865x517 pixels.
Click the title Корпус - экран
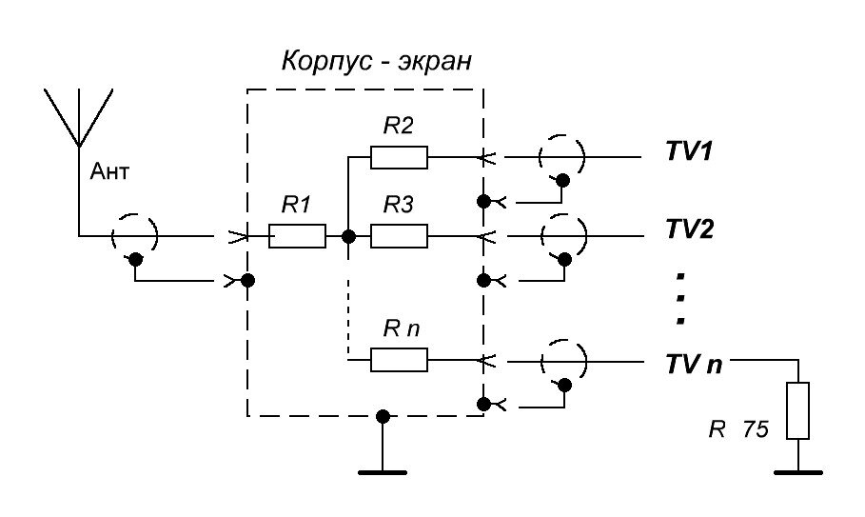377,63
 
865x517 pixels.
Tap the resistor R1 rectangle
298,235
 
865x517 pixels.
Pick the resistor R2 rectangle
399,156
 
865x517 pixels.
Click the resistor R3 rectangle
399,235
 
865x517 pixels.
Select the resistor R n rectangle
399,360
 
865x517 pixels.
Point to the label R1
297,204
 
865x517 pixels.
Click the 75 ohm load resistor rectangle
797,410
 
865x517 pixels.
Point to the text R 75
737,429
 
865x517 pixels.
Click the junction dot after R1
348,235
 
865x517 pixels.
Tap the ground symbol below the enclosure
383,467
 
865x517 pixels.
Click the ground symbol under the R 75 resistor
797,469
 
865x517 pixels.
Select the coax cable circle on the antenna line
135,235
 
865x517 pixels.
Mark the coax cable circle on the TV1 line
562,156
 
